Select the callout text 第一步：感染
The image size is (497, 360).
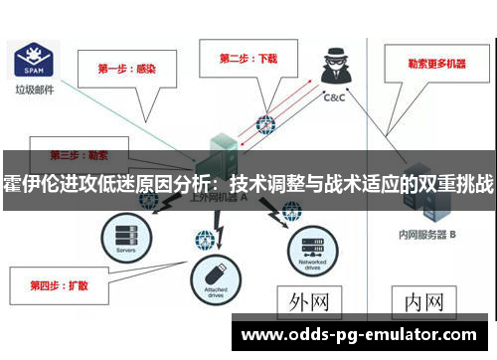pos(124,69)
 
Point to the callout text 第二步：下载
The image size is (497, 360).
pos(248,59)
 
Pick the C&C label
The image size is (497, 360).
pos(334,98)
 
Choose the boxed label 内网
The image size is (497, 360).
pos(424,301)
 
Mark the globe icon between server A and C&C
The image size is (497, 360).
pos(265,125)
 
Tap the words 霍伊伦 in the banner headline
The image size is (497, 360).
pos(27,184)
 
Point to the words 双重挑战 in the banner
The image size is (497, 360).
pos(456,184)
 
